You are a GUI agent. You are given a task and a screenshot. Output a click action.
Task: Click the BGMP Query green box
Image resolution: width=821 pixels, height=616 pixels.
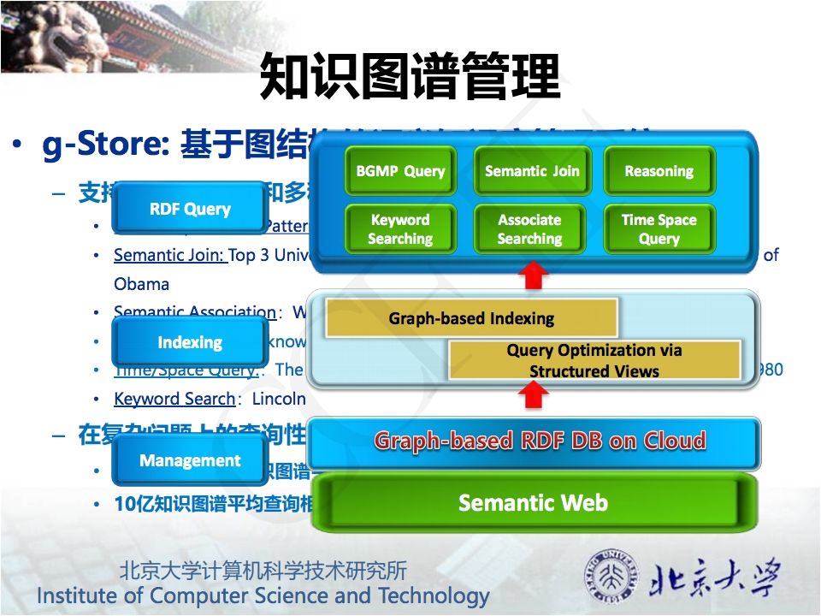400,171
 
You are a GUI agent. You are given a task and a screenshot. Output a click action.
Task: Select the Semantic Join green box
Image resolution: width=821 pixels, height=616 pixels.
531,171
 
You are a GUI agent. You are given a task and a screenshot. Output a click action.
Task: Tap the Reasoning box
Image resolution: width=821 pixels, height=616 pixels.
659,171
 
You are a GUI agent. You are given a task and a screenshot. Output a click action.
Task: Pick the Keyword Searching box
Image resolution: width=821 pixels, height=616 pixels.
400,229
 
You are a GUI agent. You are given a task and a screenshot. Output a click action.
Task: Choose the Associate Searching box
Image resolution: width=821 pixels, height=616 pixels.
530,229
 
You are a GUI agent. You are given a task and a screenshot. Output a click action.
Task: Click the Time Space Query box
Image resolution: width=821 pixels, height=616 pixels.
659,229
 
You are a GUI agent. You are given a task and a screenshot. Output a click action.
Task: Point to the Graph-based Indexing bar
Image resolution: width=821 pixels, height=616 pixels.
471,319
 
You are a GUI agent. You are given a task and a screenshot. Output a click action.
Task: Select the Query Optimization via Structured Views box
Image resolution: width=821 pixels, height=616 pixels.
594,360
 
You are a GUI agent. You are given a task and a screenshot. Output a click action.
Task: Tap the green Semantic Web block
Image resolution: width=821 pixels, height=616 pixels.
533,502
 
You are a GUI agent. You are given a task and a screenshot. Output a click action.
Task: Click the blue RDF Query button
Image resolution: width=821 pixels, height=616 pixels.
190,208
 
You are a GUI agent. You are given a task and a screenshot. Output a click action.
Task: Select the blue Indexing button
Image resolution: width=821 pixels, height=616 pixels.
190,342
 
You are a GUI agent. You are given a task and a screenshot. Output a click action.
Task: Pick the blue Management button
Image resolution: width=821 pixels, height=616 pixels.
190,460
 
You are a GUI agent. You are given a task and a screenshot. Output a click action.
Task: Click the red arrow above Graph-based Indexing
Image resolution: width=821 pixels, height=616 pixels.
535,275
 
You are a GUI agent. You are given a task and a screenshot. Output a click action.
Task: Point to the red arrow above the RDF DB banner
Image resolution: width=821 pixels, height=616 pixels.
535,394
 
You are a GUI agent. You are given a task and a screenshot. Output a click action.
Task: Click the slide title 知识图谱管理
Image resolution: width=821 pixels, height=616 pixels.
410,76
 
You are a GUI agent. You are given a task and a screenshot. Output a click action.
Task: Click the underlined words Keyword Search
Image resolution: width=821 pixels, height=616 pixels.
174,399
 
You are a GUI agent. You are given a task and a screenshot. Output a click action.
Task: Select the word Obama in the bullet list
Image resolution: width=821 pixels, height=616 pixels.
141,283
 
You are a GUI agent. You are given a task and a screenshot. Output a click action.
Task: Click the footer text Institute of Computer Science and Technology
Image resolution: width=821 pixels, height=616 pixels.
263,595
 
